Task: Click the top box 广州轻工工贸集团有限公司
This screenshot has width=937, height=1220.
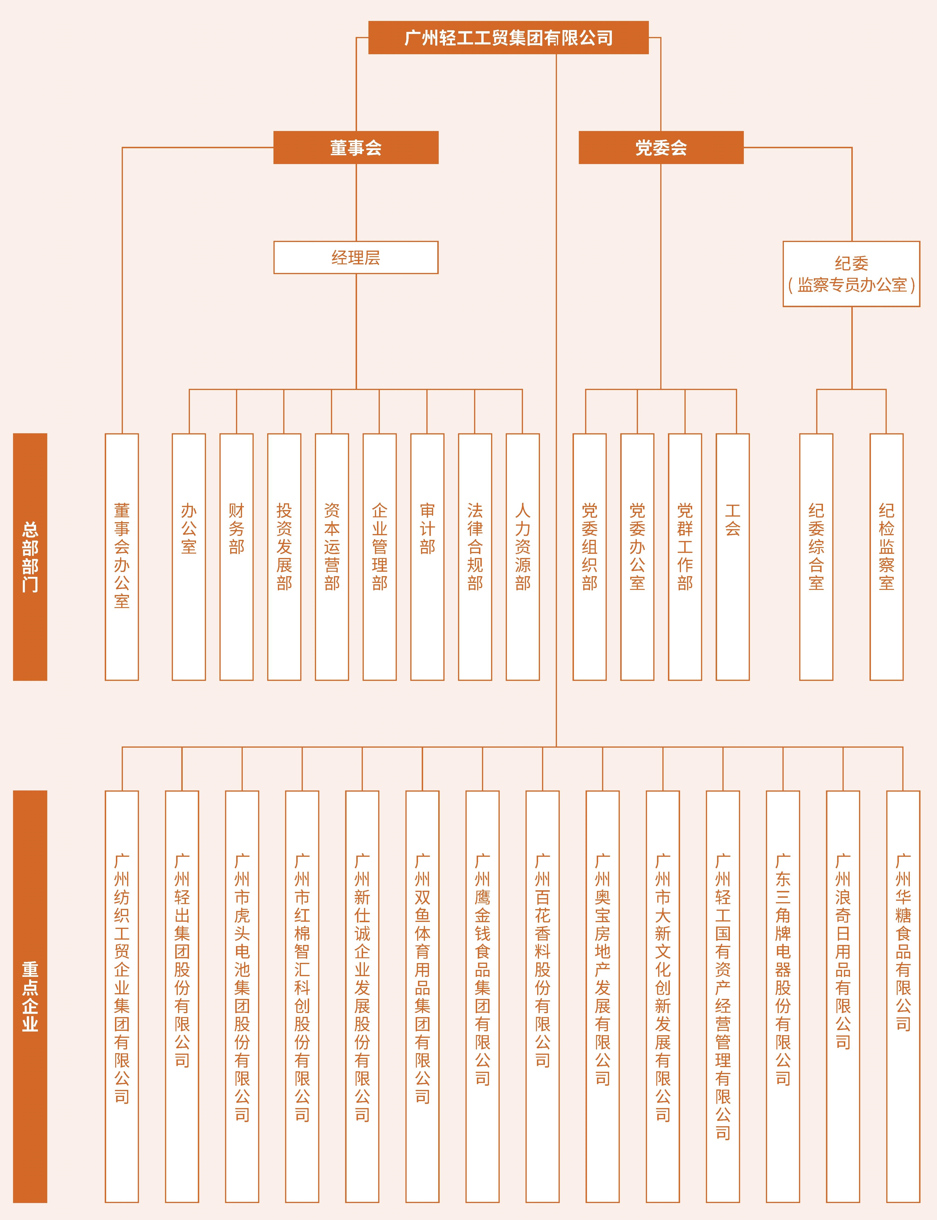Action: coord(508,37)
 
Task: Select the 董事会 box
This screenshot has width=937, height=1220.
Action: coord(356,147)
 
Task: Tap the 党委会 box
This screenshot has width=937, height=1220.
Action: coord(661,147)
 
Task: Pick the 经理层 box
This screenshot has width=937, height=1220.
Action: coord(356,257)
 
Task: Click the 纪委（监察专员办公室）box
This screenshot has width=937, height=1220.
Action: coord(851,274)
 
